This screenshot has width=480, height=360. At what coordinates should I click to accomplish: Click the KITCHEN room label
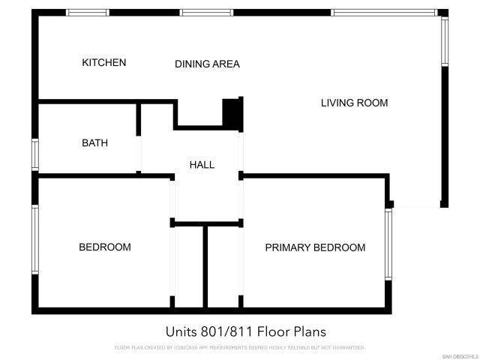pyautogui.click(x=104, y=63)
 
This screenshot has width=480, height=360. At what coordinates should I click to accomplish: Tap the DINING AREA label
pyautogui.click(x=207, y=64)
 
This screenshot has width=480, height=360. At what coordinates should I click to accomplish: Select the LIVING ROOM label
pyautogui.click(x=354, y=103)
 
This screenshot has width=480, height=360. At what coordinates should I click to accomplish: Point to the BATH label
pyautogui.click(x=94, y=142)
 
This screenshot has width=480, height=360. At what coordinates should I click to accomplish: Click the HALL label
pyautogui.click(x=202, y=165)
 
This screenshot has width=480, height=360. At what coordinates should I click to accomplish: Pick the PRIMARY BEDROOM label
pyautogui.click(x=315, y=247)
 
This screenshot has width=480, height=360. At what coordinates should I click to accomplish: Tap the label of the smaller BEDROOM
pyautogui.click(x=105, y=247)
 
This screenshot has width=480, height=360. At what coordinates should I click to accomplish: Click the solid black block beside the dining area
pyautogui.click(x=232, y=112)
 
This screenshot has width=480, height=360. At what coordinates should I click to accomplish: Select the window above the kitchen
pyautogui.click(x=88, y=13)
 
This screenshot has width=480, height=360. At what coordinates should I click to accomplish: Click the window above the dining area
pyautogui.click(x=205, y=13)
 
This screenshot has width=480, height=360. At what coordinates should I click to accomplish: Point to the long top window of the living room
pyautogui.click(x=384, y=13)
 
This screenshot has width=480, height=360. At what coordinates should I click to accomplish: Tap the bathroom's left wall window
pyautogui.click(x=35, y=154)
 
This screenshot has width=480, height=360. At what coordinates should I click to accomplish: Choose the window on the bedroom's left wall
pyautogui.click(x=35, y=240)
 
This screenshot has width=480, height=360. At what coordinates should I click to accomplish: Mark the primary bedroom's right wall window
pyautogui.click(x=388, y=244)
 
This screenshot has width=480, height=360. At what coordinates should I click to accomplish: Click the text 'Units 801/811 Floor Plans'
pyautogui.click(x=245, y=331)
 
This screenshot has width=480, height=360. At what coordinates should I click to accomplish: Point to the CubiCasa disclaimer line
pyautogui.click(x=239, y=347)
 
